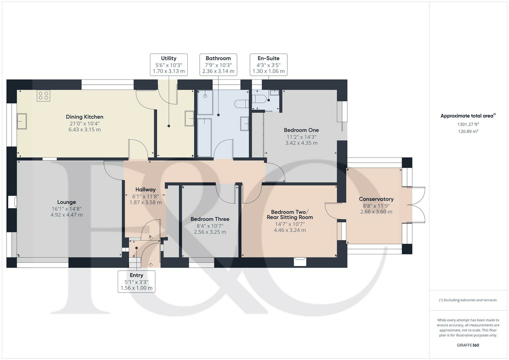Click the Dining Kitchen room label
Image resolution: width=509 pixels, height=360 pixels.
pyautogui.click(x=85, y=117)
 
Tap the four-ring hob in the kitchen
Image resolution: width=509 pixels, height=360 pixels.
pyautogui.click(x=43, y=96)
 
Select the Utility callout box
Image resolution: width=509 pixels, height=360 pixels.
pyautogui.click(x=169, y=65)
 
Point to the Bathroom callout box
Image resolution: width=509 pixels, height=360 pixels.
pyautogui.click(x=218, y=65)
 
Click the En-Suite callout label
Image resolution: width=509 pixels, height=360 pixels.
pyautogui.click(x=269, y=65)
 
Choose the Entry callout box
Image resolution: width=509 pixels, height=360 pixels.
pyautogui.click(x=136, y=282)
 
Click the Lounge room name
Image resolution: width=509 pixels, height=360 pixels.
pyautogui.click(x=67, y=202)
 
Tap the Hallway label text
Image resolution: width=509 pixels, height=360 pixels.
pyautogui.click(x=145, y=190)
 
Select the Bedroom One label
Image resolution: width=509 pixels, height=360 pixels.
pyautogui.click(x=301, y=130)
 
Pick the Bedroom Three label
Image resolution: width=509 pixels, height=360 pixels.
pyautogui.click(x=210, y=219)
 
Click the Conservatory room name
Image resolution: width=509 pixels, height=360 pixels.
pyautogui.click(x=376, y=199)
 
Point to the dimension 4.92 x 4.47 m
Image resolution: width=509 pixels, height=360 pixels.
pyautogui.click(x=67, y=215)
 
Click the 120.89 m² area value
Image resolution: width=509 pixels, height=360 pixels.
pyautogui.click(x=468, y=131)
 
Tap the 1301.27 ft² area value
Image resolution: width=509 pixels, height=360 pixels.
pyautogui.click(x=468, y=124)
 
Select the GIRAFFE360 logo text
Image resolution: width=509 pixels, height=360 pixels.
pyautogui.click(x=468, y=345)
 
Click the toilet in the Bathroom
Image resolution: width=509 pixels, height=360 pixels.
pyautogui.click(x=242, y=104)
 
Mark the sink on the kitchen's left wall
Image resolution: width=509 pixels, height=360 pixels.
pyautogui.click(x=22, y=121)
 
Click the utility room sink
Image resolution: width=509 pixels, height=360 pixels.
pyautogui.click(x=189, y=118)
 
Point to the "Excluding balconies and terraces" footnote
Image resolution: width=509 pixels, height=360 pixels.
pyautogui.click(x=468, y=300)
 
